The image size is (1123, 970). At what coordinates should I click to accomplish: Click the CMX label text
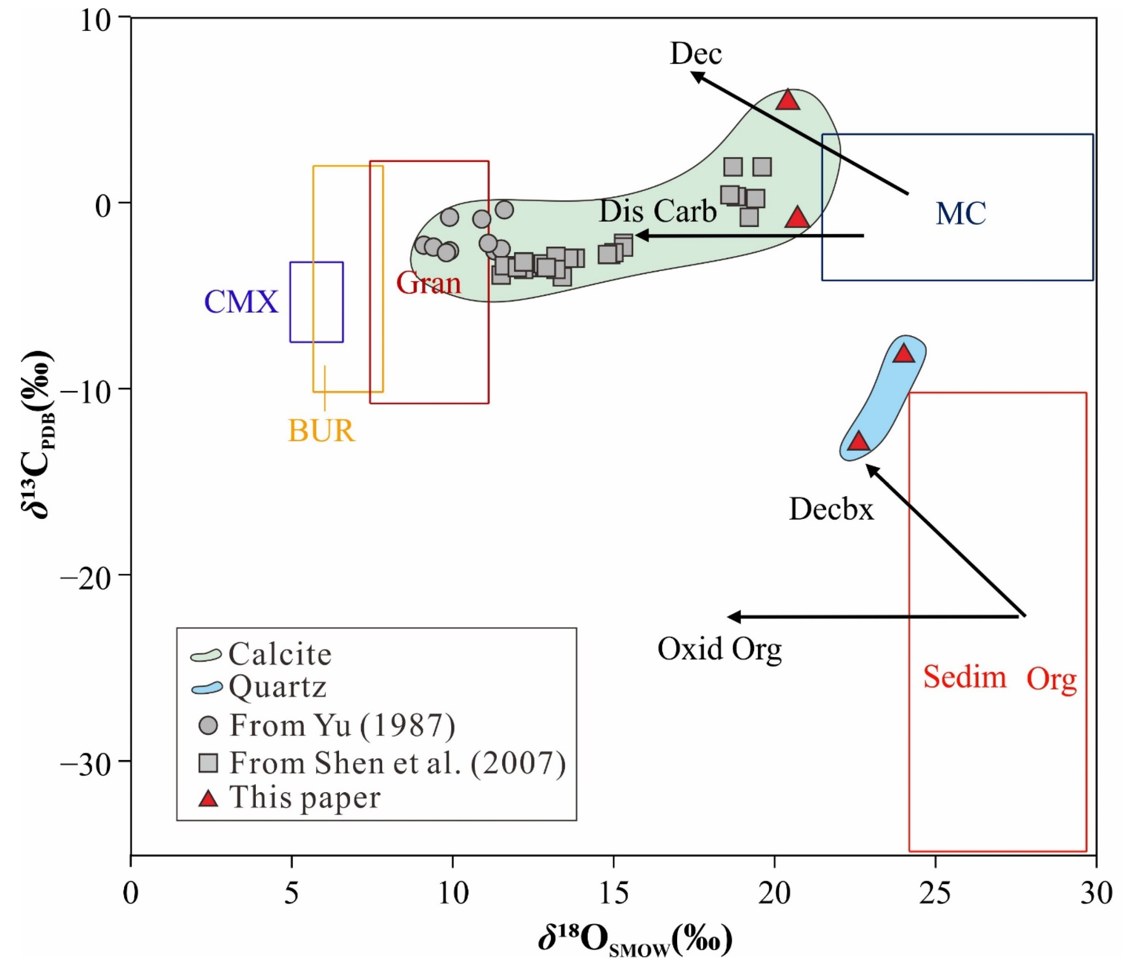241,302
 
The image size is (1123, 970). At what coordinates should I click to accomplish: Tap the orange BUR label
321,431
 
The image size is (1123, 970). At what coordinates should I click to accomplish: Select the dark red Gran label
428,283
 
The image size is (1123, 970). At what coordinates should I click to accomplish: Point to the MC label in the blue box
960,214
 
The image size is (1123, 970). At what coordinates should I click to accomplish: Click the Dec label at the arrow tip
696,54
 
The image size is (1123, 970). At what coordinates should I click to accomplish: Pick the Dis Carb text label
658,211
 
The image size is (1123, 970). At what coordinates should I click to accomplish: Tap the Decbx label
831,510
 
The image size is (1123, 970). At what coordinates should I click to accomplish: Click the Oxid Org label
719,648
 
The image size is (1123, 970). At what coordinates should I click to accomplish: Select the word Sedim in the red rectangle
964,677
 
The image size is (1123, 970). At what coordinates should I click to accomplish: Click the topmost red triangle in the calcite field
788,101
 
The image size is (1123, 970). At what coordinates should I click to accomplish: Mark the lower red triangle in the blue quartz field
858,442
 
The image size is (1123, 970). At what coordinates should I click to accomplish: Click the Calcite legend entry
280,654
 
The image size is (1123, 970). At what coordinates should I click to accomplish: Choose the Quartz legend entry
278,687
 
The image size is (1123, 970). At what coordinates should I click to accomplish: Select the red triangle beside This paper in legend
208,798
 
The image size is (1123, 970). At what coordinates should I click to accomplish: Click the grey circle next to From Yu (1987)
209,725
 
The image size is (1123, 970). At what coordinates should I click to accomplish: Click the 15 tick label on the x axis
613,894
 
